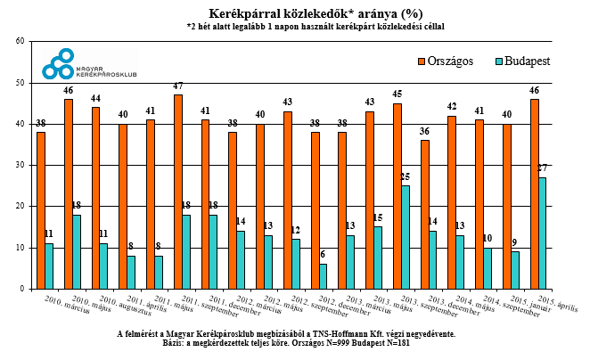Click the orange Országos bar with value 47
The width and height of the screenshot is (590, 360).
[177, 192]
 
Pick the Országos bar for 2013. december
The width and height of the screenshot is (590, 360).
[424, 214]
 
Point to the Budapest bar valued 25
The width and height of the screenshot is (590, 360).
[406, 237]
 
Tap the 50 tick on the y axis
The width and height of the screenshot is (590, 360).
[20, 83]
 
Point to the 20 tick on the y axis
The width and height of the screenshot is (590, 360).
[20, 207]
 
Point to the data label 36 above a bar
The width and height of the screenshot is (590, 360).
[424, 133]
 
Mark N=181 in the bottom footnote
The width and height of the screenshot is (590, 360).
[395, 343]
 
